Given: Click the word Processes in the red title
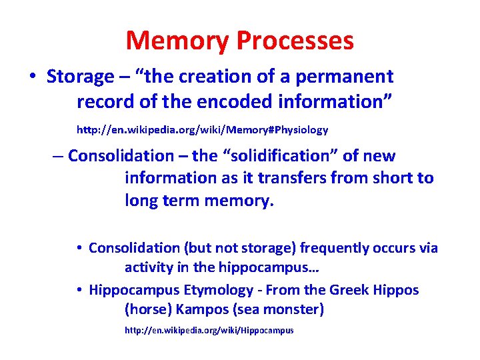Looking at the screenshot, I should point(295,41).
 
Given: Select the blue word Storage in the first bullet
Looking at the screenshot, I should point(80,77).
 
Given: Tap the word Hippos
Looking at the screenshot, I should point(395,290).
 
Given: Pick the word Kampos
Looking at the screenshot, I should point(201,310).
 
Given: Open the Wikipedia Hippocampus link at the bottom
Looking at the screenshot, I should point(209,331).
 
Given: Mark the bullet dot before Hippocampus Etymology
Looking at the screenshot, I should point(79,290).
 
